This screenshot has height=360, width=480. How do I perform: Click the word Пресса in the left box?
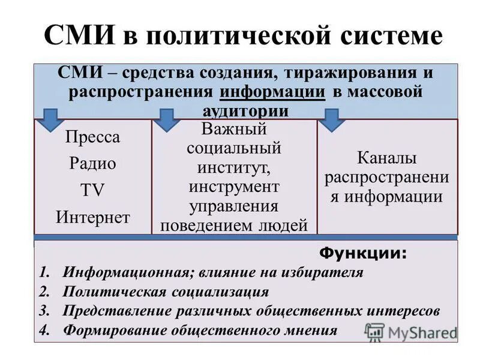coord(92,137)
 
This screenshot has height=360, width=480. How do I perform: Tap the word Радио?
coord(92,163)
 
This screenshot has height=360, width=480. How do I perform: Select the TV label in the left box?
coord(92,190)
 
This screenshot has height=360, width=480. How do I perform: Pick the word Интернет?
coord(92,216)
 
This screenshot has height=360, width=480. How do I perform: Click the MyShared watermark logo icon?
coord(374,331)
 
